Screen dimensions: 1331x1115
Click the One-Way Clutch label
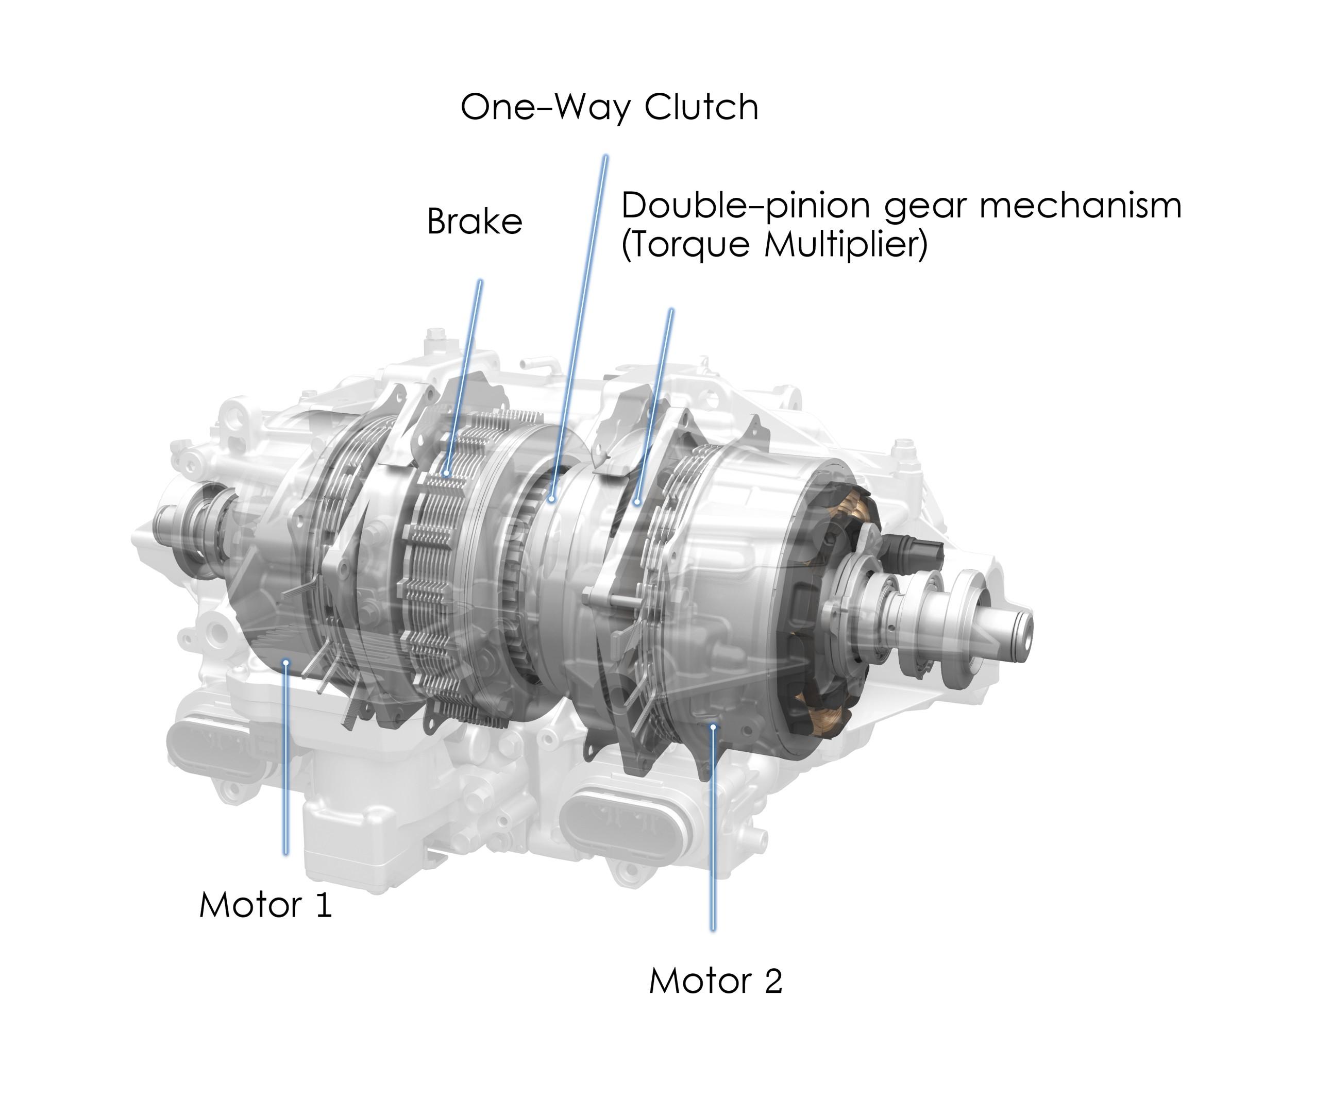[x=609, y=107]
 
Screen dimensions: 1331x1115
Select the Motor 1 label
[x=265, y=905]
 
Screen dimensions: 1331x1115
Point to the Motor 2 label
[x=716, y=981]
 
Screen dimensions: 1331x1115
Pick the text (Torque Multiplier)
[x=774, y=245]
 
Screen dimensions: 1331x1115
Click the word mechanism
[x=1081, y=206]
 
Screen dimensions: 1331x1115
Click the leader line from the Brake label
[x=464, y=377]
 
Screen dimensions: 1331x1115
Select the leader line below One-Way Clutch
[x=579, y=327]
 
